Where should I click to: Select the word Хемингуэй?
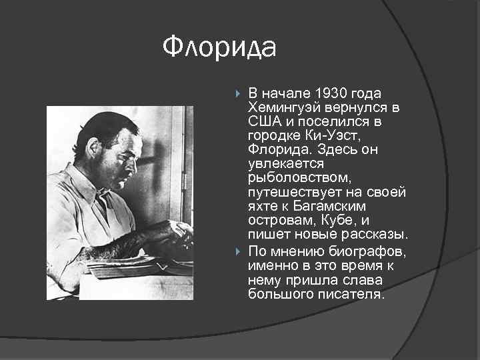coord(285,108)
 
